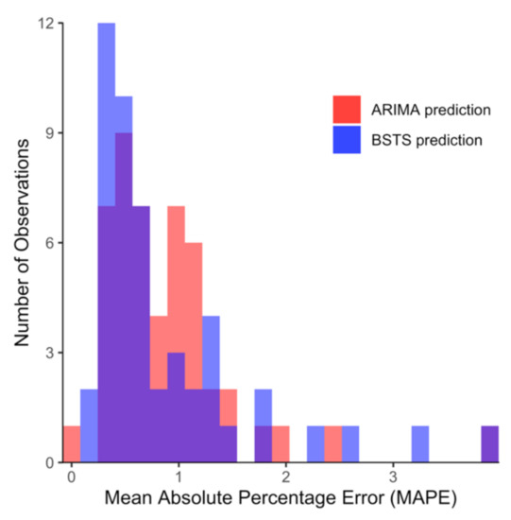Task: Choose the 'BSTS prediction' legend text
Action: [x=426, y=141]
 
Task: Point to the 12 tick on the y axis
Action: [x=44, y=23]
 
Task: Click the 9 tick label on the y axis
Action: [x=48, y=133]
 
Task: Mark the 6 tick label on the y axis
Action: [x=48, y=243]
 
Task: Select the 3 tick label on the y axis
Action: [x=48, y=353]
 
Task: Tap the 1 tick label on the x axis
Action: [x=178, y=478]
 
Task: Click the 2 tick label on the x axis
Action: [x=285, y=478]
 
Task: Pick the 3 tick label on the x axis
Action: [x=393, y=478]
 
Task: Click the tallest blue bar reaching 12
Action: [x=107, y=113]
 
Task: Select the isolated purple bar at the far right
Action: [x=489, y=444]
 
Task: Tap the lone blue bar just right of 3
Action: [x=419, y=444]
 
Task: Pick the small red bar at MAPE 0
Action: [x=72, y=444]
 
